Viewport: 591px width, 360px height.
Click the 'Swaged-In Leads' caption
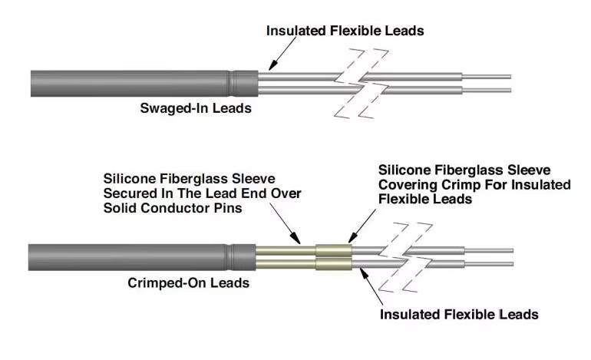click(195, 108)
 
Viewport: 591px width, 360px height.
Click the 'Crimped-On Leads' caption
click(188, 283)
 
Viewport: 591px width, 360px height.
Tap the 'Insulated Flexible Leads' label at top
click(345, 31)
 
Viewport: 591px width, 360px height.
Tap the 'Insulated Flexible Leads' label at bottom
click(460, 314)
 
